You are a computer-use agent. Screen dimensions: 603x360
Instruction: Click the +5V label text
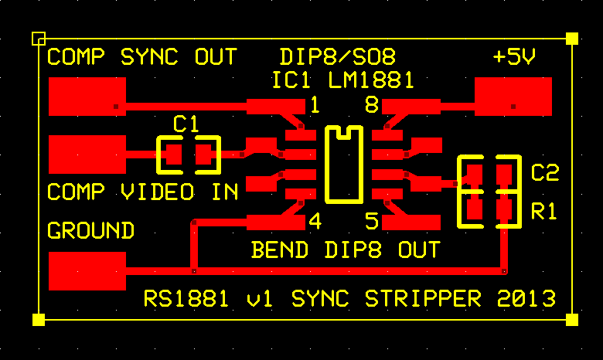(x=514, y=57)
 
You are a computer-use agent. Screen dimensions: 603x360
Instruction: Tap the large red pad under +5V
(x=513, y=97)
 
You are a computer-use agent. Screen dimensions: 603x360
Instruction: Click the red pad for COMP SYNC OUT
(x=87, y=97)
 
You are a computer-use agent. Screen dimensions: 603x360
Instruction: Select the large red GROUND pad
(x=87, y=271)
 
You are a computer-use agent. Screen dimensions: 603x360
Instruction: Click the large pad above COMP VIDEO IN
(x=87, y=154)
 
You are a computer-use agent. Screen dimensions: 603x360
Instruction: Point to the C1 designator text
(x=186, y=124)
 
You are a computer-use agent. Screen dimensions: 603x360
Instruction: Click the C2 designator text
(x=545, y=172)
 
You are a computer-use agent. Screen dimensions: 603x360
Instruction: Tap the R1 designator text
(x=543, y=212)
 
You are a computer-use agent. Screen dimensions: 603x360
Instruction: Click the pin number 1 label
(x=315, y=105)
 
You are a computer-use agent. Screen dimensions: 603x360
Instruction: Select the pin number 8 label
(x=372, y=105)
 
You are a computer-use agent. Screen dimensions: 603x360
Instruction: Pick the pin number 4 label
(x=315, y=221)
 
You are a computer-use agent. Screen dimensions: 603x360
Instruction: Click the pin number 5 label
(x=372, y=221)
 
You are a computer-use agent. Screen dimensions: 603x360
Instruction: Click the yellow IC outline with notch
(x=344, y=201)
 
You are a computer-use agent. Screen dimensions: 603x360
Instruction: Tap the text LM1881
(x=371, y=80)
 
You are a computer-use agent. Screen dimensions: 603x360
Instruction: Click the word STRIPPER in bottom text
(x=423, y=298)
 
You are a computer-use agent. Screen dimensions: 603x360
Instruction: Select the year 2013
(x=526, y=298)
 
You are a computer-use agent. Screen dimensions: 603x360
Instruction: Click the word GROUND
(x=90, y=230)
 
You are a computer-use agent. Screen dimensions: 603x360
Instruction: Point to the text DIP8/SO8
(x=338, y=57)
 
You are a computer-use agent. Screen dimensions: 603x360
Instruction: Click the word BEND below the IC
(x=280, y=250)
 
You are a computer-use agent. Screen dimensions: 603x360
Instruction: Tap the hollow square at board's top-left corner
(x=39, y=39)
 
